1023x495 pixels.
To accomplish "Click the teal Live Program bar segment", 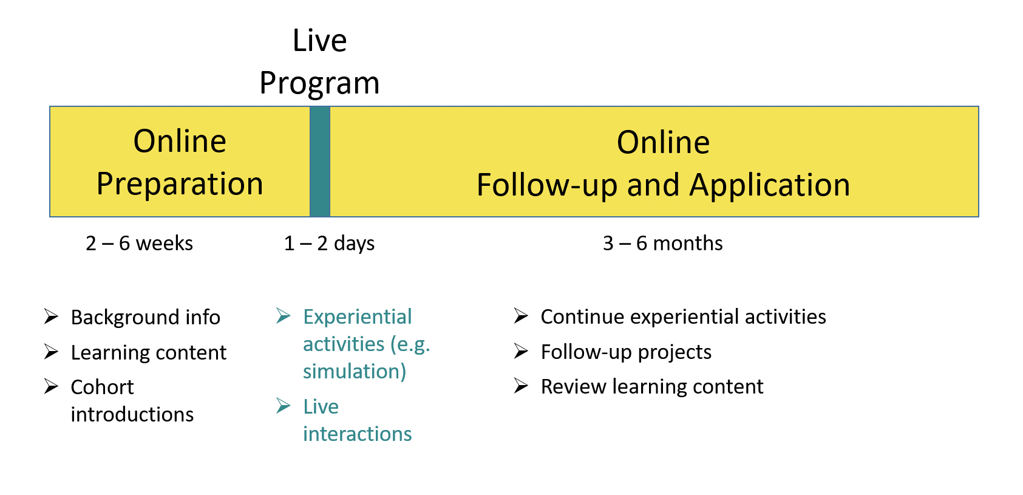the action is (x=320, y=162).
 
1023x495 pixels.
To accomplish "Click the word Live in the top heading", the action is (x=320, y=41).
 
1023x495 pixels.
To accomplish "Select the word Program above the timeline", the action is (x=320, y=84).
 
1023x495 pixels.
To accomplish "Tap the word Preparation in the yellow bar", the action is (x=180, y=185).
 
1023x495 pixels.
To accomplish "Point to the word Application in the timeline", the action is (x=770, y=186).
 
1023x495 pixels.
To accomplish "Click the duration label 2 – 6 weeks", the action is (x=139, y=243).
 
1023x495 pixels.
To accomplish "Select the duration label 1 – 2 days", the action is (x=329, y=243).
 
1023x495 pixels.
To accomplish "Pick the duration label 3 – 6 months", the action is (x=662, y=243).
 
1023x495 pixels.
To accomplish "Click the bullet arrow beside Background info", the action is (x=51, y=316).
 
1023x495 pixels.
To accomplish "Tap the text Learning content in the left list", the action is (x=148, y=352).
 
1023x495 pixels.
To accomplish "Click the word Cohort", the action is (x=102, y=387).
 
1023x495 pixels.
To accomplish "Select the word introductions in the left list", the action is (x=132, y=415).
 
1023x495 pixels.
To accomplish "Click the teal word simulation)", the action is (x=355, y=371).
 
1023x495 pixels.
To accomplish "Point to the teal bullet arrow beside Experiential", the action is (x=283, y=316).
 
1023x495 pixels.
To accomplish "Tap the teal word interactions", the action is (x=357, y=434).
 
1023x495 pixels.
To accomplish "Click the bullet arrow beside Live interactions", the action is (x=283, y=406).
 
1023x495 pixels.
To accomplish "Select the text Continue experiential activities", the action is (x=683, y=317).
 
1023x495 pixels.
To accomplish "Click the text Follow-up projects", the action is (x=626, y=352).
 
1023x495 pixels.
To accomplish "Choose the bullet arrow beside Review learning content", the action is (x=521, y=386).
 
